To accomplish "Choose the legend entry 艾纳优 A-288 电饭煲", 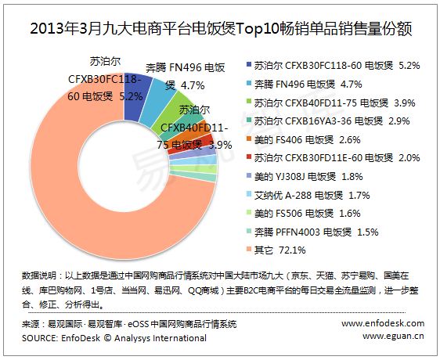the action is (308, 195).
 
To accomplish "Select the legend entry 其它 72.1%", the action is (276, 250).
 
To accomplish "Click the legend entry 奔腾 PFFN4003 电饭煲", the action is (312, 232).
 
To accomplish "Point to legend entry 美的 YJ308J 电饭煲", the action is (305, 176).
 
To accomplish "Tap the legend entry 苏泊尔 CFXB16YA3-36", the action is (328, 121).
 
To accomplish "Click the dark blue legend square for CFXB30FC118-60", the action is (249, 64).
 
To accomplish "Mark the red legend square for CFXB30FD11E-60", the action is (249, 157).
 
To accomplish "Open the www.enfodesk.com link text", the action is (383, 323).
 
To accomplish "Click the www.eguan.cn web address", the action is (393, 336).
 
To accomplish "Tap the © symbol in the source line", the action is (107, 337).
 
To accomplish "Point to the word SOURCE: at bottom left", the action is (40, 338).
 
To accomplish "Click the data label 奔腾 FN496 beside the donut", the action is (186, 67).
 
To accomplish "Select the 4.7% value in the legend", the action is (351, 84).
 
